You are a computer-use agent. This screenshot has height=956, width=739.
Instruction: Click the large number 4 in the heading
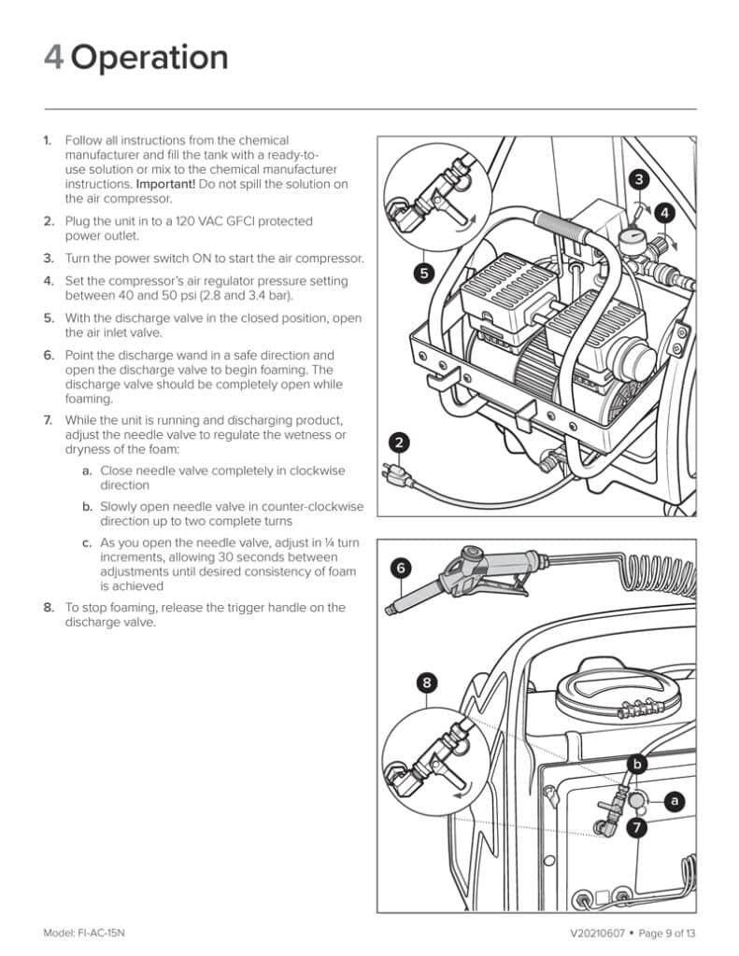[54, 58]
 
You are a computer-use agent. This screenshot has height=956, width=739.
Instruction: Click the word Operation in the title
[149, 58]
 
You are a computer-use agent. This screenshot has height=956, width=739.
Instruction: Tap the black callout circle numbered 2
[398, 443]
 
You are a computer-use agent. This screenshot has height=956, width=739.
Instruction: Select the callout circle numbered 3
[638, 178]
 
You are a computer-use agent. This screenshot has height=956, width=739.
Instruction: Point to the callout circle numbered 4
[664, 212]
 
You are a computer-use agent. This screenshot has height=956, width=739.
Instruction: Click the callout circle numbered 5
[424, 273]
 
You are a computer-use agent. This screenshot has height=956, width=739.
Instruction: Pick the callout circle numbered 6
[401, 567]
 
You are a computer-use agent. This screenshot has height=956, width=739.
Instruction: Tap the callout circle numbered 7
[637, 826]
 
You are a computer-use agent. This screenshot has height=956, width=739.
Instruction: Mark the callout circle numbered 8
[427, 682]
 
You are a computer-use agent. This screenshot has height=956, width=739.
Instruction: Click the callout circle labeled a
[672, 800]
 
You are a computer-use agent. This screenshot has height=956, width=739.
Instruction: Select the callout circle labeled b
[637, 765]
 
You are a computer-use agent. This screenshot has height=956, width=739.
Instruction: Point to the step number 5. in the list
[49, 317]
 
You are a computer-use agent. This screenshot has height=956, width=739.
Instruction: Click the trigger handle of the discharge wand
[500, 583]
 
